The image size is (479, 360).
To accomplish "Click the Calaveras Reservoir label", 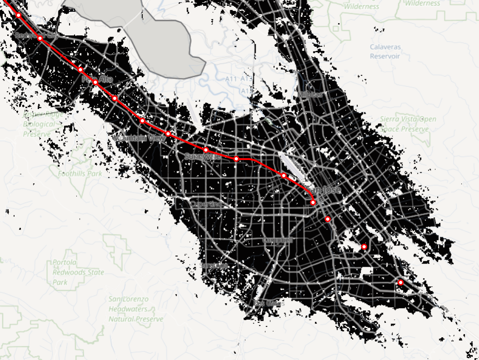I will (x=384, y=51).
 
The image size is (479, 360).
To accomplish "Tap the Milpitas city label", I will (x=310, y=94).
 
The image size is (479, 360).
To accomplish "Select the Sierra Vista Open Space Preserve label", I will (x=408, y=124).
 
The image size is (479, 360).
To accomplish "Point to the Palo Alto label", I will (x=97, y=79).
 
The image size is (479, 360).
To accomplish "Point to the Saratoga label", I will (x=214, y=265).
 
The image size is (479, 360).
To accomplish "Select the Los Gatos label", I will (x=269, y=303).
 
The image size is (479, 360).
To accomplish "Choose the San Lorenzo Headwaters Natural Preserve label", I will (x=136, y=309).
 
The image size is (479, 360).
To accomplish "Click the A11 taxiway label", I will (x=232, y=79).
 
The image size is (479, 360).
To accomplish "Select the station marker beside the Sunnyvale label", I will (x=206, y=150).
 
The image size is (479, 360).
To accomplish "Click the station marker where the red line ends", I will (x=313, y=202).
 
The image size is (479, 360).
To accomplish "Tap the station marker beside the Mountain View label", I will (x=168, y=134).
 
